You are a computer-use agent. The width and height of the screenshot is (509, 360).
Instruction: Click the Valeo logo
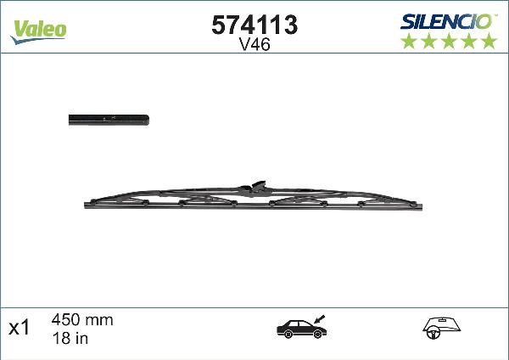[39, 29]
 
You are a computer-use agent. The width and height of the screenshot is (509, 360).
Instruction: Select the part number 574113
[254, 25]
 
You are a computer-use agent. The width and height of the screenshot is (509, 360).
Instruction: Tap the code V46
[254, 47]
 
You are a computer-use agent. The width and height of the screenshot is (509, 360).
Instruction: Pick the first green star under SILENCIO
[408, 42]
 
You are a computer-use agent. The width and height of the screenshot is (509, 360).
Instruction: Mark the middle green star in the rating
[448, 42]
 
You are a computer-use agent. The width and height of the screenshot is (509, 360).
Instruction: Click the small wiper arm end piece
[109, 121]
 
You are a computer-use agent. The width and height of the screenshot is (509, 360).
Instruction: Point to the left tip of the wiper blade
[87, 205]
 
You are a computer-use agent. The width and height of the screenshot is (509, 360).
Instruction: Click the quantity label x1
[19, 328]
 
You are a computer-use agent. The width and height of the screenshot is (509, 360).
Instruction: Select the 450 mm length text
[82, 320]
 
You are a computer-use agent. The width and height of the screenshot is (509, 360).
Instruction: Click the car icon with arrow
[300, 328]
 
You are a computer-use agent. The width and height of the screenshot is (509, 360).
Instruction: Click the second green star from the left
[428, 42]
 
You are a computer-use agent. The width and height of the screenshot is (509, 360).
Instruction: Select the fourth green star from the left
[468, 42]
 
